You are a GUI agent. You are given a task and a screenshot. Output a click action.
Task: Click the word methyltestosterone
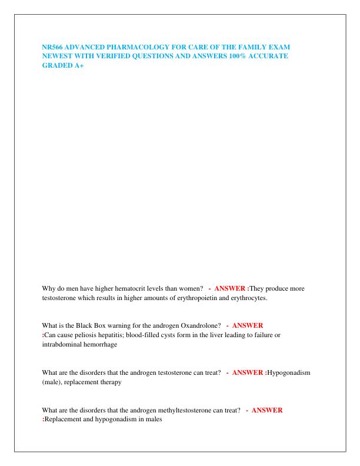[x=192, y=410]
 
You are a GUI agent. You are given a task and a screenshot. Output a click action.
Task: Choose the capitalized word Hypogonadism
[x=289, y=372]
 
